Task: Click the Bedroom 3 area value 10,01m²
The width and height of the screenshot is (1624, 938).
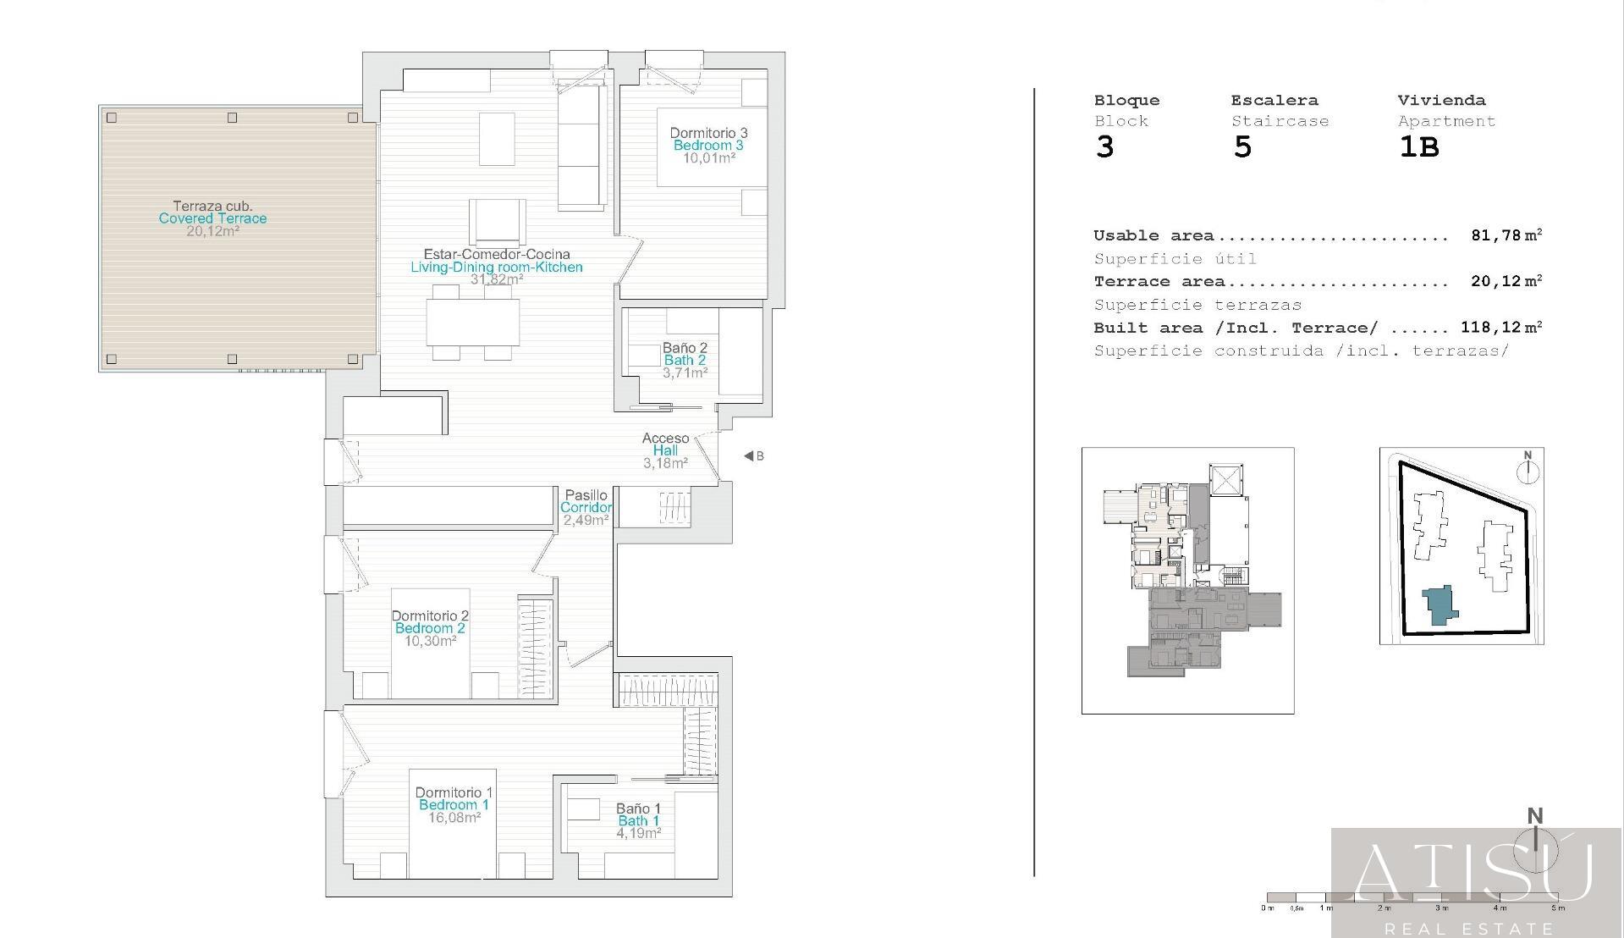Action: point(709,157)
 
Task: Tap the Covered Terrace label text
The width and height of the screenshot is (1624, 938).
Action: point(212,218)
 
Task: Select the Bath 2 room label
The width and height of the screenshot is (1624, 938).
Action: point(685,361)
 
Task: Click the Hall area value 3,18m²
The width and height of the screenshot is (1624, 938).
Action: point(665,463)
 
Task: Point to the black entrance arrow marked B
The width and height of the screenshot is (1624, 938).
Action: point(749,455)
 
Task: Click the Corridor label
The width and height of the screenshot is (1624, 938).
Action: point(586,507)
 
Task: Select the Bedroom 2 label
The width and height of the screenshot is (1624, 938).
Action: point(430,628)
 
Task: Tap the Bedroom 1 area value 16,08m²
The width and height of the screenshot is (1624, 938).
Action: point(454,817)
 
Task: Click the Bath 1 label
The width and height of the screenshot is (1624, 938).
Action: point(638,820)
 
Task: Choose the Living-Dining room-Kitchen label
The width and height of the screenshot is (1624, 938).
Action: point(497,267)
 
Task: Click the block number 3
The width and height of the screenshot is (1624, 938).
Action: point(1104,147)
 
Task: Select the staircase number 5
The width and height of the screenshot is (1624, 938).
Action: point(1241,147)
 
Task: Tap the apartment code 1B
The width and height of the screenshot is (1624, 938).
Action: point(1418,147)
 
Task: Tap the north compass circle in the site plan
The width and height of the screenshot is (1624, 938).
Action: point(1528,472)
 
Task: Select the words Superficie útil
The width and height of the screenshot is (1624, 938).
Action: point(1175,258)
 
